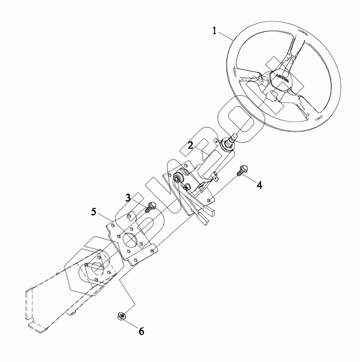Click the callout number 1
(214, 31)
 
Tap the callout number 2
(190, 145)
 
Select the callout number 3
(128, 198)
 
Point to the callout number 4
(259, 185)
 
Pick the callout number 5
(94, 212)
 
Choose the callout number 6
(141, 331)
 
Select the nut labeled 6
(121, 317)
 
